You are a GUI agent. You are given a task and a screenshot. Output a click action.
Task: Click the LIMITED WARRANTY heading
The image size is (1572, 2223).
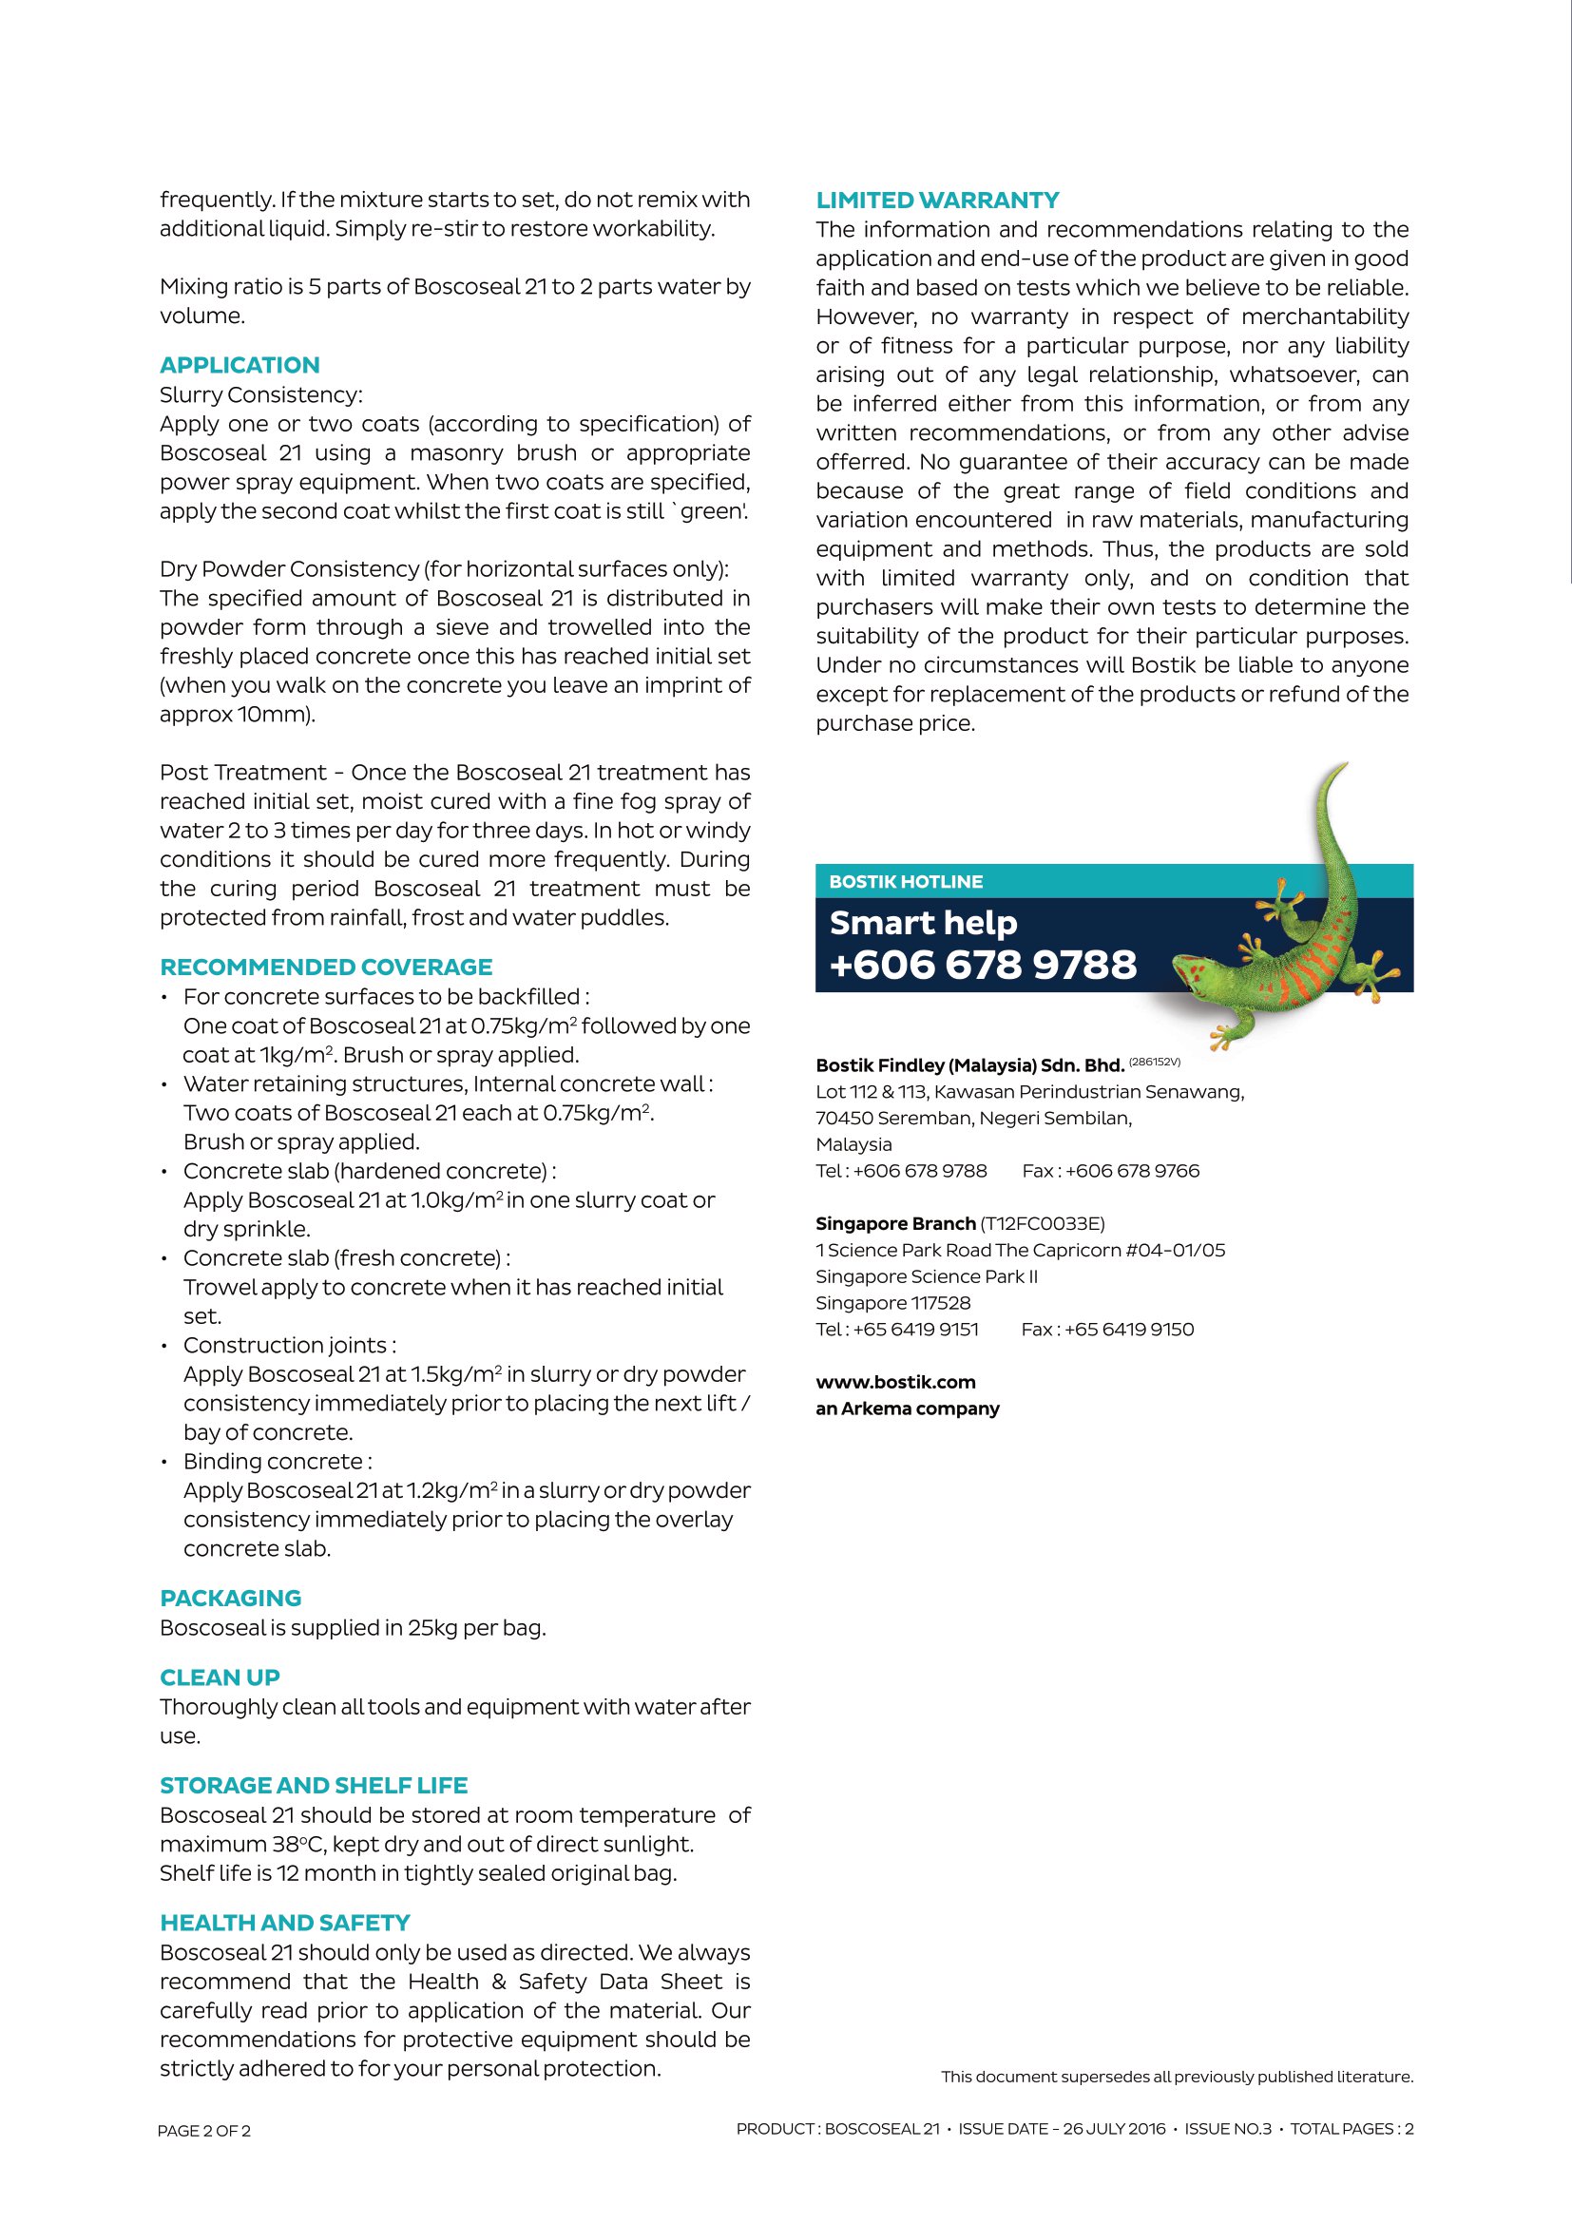tap(937, 201)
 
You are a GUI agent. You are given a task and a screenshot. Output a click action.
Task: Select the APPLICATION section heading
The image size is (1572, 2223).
tap(240, 365)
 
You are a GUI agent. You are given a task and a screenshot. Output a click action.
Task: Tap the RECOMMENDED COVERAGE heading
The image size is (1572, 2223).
tap(326, 968)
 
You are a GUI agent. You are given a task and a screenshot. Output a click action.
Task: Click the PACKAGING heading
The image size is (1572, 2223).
tap(230, 1598)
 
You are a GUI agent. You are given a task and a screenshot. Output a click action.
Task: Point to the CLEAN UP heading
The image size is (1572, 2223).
tap(220, 1677)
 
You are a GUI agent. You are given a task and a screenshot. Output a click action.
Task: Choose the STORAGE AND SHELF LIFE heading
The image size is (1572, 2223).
tap(314, 1786)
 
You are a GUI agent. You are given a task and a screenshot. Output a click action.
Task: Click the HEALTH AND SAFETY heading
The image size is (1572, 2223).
tap(284, 1923)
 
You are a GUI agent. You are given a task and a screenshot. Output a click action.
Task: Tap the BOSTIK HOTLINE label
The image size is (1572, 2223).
tap(905, 882)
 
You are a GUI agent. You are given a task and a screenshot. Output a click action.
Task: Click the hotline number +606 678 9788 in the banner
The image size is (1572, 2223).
tap(983, 965)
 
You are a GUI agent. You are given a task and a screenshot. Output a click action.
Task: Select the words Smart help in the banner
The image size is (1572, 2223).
tap(923, 923)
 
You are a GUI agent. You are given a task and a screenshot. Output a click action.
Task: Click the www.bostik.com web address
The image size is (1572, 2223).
tap(895, 1382)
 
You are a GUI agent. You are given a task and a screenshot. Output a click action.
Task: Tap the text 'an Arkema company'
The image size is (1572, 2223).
tap(907, 1409)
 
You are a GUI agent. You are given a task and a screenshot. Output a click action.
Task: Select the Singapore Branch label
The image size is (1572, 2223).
tap(895, 1224)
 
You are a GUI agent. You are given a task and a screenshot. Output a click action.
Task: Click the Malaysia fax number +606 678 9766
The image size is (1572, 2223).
tap(1132, 1171)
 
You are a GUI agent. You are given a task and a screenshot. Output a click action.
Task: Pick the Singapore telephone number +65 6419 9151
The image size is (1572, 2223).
tap(915, 1330)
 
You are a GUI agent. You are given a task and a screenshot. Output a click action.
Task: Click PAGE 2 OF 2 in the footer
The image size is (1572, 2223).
tap(204, 2131)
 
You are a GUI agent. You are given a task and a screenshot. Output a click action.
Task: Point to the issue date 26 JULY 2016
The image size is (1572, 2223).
tap(1114, 2129)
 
